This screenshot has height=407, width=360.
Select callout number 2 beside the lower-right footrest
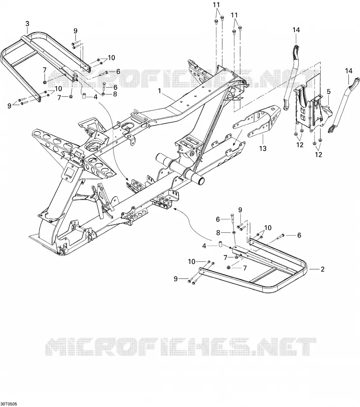point(323,269)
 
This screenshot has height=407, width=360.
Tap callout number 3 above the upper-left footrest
point(27,24)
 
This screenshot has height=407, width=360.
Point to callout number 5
point(329,92)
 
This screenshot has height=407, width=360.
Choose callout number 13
point(263,149)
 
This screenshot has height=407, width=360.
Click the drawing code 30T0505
point(9,404)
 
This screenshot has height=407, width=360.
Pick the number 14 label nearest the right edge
point(349,71)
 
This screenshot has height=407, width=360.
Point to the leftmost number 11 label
point(216,5)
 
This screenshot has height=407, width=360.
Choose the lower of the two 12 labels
point(318,154)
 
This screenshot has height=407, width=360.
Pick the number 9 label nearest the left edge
point(9,106)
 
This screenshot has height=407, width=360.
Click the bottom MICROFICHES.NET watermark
point(181,347)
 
